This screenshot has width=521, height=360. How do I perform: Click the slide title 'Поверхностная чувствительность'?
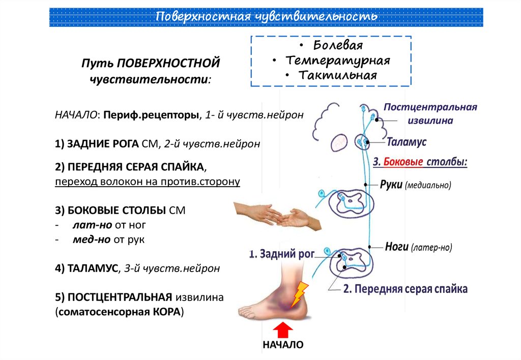[266, 17]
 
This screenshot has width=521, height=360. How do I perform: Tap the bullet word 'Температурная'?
[338, 61]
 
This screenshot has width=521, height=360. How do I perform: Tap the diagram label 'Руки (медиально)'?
[415, 185]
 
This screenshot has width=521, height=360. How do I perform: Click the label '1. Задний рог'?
[282, 253]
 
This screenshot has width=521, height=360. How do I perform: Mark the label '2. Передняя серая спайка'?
[405, 289]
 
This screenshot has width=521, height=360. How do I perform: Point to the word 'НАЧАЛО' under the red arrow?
[283, 345]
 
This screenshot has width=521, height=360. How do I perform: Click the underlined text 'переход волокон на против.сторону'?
[148, 182]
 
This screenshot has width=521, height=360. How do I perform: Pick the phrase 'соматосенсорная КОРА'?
[119, 311]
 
